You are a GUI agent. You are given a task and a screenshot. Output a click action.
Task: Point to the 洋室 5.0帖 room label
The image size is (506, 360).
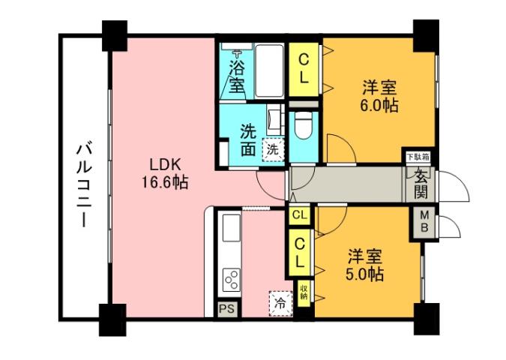pos(365,265)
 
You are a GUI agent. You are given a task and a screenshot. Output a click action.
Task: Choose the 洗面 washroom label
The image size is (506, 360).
pos(248,139)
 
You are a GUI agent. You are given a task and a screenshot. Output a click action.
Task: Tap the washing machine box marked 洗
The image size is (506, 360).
pos(273,149)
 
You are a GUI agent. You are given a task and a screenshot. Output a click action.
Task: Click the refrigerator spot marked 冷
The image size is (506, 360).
pos(280,304)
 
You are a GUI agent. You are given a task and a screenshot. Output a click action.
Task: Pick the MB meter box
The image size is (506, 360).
pos(424,223)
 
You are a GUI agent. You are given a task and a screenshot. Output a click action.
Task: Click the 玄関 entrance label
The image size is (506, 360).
pos(420,184)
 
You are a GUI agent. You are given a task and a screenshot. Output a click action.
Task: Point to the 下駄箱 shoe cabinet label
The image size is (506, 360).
pos(418,157)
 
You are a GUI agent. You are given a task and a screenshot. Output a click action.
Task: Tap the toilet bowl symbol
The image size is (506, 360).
pos(304,127)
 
